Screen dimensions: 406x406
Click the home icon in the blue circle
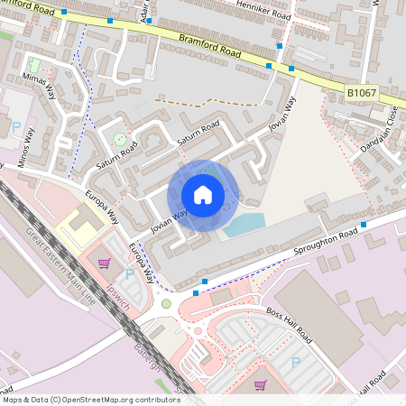point(203,195)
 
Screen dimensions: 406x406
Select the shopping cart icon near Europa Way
point(105,263)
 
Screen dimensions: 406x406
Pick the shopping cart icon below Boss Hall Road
point(261,385)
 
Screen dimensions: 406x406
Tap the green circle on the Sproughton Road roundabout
point(166,303)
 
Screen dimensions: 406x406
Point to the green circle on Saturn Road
point(120,139)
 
